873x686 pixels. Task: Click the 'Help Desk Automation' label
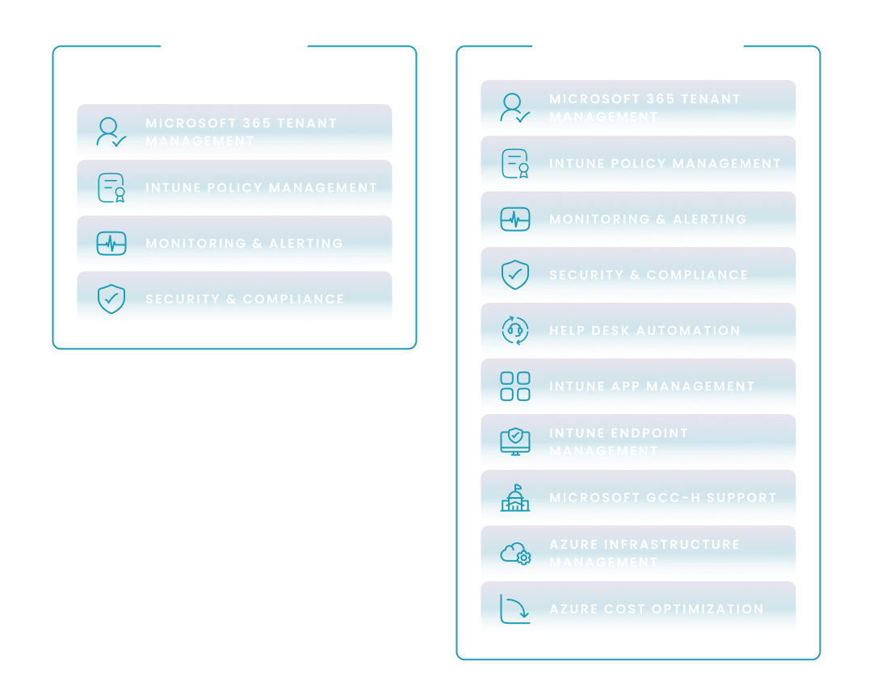coord(644,331)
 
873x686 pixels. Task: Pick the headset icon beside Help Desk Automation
coord(515,331)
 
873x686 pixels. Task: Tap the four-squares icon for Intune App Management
coord(515,387)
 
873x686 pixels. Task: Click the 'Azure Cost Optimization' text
coord(656,609)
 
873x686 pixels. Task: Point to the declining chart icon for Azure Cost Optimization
coord(515,609)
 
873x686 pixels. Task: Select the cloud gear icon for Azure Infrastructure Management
coord(515,554)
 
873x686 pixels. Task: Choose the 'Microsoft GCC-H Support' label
coord(662,498)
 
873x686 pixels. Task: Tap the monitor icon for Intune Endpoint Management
coord(515,442)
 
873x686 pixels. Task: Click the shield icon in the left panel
coord(111,299)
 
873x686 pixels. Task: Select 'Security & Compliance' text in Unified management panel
coord(648,275)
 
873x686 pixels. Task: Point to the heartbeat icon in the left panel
coord(111,244)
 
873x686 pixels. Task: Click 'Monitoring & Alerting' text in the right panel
coord(648,220)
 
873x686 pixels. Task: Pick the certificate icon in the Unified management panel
coord(515,164)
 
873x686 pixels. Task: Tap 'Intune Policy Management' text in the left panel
coord(261,188)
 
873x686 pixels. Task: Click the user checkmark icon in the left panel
coord(111,132)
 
